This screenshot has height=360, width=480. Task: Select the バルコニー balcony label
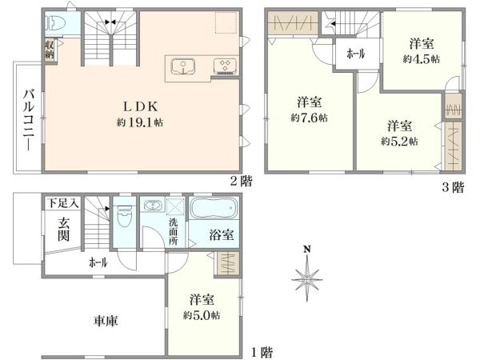click(27, 119)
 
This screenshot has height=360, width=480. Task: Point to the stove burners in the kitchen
click(221, 66)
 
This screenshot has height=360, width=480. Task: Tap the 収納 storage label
click(50, 50)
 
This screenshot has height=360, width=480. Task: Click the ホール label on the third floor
click(355, 54)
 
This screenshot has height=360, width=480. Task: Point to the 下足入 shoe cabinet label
click(61, 204)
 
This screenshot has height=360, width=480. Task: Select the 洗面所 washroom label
click(174, 232)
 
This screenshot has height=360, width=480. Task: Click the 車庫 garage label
click(105, 322)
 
